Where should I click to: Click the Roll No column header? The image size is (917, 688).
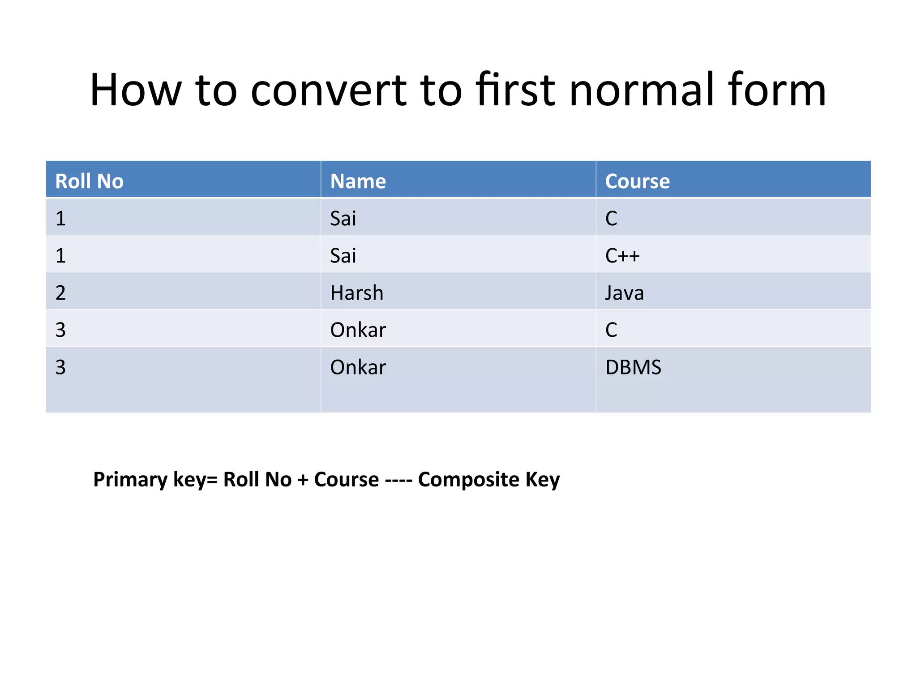click(x=89, y=181)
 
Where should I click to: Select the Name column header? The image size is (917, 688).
click(x=358, y=181)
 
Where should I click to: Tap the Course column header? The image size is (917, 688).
click(x=637, y=181)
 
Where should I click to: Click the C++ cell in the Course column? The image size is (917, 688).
click(x=622, y=256)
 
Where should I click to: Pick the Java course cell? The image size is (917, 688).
click(x=624, y=293)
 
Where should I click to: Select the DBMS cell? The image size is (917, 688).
click(x=633, y=367)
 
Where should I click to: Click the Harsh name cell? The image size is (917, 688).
click(x=357, y=293)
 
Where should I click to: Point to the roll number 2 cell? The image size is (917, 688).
click(x=60, y=293)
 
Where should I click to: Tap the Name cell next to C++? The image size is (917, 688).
click(x=343, y=256)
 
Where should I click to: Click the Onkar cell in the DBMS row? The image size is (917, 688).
click(x=358, y=367)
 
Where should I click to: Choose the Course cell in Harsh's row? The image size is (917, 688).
click(x=624, y=293)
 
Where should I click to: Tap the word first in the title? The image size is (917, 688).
click(x=515, y=90)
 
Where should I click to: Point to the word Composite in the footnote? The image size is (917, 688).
click(x=468, y=479)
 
